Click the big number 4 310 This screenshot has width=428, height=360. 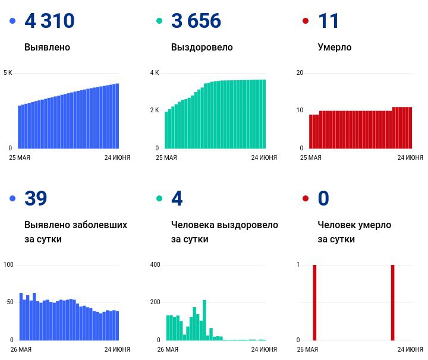click(49, 21)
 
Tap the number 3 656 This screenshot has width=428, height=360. click(196, 21)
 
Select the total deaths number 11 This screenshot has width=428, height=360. click(328, 21)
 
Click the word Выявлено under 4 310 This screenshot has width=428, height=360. click(47, 47)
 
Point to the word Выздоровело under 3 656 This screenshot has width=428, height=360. click(202, 48)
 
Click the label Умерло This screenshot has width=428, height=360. click(335, 48)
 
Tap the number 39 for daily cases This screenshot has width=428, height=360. click(36, 198)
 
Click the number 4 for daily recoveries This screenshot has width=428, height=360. click(177, 198)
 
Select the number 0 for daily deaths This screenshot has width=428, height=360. click(323, 198)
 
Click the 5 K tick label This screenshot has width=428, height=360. click(8, 72)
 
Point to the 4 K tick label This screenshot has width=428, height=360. click(155, 72)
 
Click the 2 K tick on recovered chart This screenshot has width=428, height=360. click(155, 110)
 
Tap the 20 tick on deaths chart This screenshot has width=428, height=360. click(300, 72)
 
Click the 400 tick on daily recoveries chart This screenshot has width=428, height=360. click(155, 264)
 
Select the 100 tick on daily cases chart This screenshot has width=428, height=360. click(8, 264)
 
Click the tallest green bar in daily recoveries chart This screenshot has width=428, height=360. click(204, 320)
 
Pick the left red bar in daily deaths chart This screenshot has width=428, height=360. click(314, 302)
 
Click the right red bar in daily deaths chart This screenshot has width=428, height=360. click(392, 302)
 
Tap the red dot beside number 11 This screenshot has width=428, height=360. click(306, 21)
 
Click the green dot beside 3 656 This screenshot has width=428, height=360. click(159, 21)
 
